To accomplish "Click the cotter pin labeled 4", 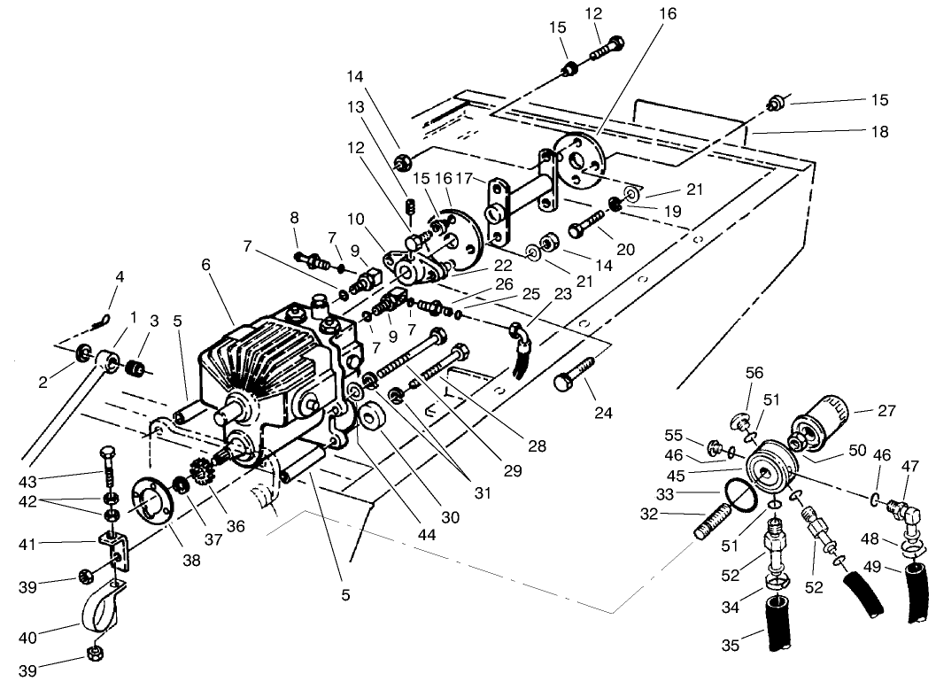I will [x=104, y=317].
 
